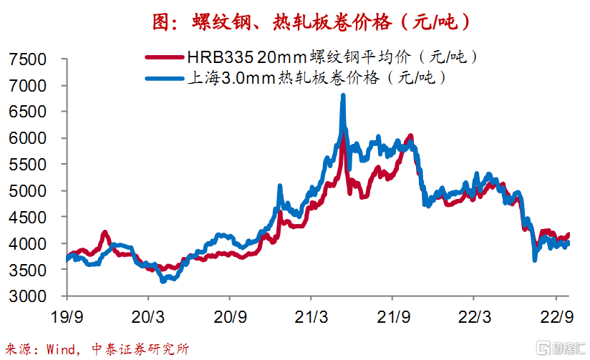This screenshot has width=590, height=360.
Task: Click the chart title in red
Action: (x=311, y=21)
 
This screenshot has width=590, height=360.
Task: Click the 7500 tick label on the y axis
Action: (x=27, y=59)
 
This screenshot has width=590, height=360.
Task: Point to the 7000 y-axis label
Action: (x=27, y=86)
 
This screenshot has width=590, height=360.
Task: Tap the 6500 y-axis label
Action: (x=27, y=112)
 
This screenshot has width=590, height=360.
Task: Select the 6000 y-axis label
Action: (x=27, y=138)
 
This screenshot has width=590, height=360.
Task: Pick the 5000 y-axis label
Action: (x=27, y=191)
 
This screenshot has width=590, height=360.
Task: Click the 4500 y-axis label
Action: (x=27, y=218)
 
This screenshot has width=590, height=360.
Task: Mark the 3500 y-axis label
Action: (x=27, y=270)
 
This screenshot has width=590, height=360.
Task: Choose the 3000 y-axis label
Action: (x=27, y=296)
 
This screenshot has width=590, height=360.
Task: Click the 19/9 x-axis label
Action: (x=67, y=317)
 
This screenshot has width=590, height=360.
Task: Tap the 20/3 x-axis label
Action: (x=148, y=317)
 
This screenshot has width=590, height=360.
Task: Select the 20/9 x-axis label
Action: (x=230, y=317)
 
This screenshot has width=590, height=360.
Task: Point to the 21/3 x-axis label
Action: (x=311, y=317)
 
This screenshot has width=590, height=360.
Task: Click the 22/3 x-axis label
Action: (x=474, y=317)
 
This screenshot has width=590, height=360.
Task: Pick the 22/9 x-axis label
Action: (x=557, y=317)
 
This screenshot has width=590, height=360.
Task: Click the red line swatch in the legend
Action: (x=165, y=57)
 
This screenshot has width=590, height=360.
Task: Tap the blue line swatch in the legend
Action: (x=165, y=79)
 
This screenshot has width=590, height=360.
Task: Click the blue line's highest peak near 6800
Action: (x=343, y=96)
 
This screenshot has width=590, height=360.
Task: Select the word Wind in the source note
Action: (x=61, y=349)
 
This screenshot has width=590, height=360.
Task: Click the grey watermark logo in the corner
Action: (x=561, y=348)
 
